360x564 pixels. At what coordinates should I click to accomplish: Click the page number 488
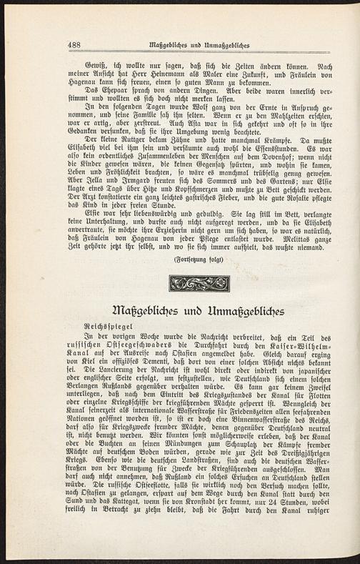pos(73,45)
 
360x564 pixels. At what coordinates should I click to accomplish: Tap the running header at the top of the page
pos(199,45)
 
